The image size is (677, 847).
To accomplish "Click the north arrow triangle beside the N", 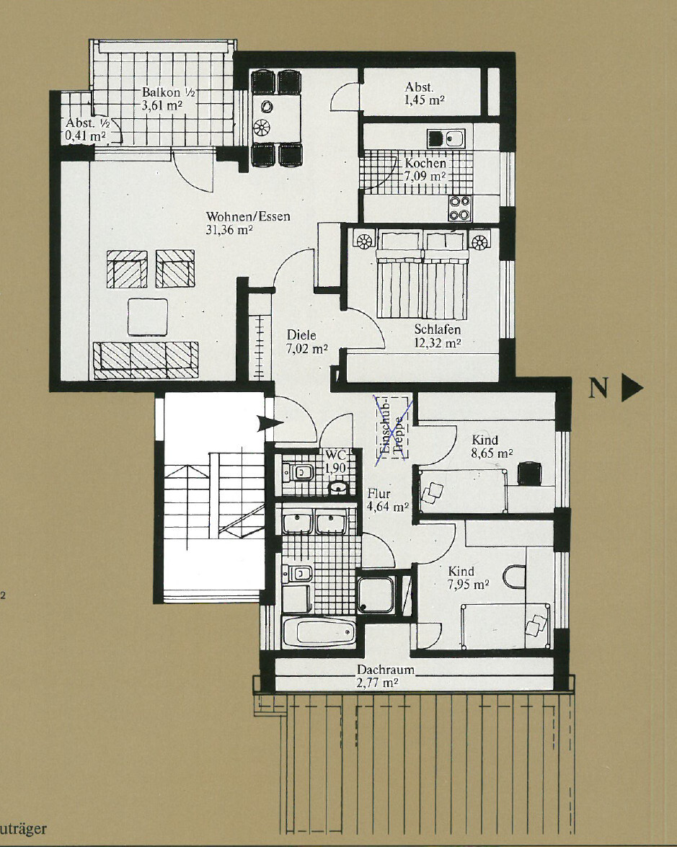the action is pyautogui.click(x=631, y=387).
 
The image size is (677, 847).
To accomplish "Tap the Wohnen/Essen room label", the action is pyautogui.click(x=248, y=216).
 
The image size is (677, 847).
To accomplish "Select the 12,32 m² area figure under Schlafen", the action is pyautogui.click(x=437, y=342).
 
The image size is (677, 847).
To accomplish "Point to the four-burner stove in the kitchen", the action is pyautogui.click(x=459, y=208).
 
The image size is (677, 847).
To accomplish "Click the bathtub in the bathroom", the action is pyautogui.click(x=319, y=632).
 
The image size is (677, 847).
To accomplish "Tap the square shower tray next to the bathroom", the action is pyautogui.click(x=376, y=595).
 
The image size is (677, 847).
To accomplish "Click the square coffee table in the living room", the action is pyautogui.click(x=148, y=316).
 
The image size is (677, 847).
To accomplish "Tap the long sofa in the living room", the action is pyautogui.click(x=146, y=360).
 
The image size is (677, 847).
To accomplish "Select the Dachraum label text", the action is pyautogui.click(x=385, y=669).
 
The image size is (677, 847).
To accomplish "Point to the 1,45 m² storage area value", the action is pyautogui.click(x=425, y=100).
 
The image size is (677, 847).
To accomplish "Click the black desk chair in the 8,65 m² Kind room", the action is pyautogui.click(x=529, y=473).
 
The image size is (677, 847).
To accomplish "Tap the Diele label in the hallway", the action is pyautogui.click(x=301, y=335).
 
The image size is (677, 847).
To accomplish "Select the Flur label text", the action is pyautogui.click(x=379, y=493).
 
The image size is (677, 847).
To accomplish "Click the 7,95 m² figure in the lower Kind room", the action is pyautogui.click(x=468, y=585).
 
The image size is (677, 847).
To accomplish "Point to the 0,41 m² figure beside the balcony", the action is pyautogui.click(x=85, y=136).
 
